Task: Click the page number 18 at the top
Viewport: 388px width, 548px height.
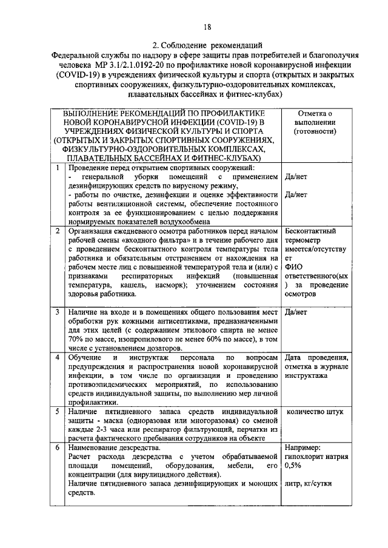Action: pos(207,26)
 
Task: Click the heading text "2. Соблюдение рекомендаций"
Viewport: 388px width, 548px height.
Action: pos(207,45)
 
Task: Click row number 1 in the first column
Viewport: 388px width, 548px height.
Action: pos(56,168)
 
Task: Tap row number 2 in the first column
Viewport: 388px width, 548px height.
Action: pos(56,231)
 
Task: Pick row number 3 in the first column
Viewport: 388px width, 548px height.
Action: pos(56,312)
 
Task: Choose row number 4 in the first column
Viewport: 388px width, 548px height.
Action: pos(56,358)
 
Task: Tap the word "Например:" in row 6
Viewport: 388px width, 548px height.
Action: pos(303,449)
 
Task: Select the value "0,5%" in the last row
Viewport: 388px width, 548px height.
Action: pos(293,467)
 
